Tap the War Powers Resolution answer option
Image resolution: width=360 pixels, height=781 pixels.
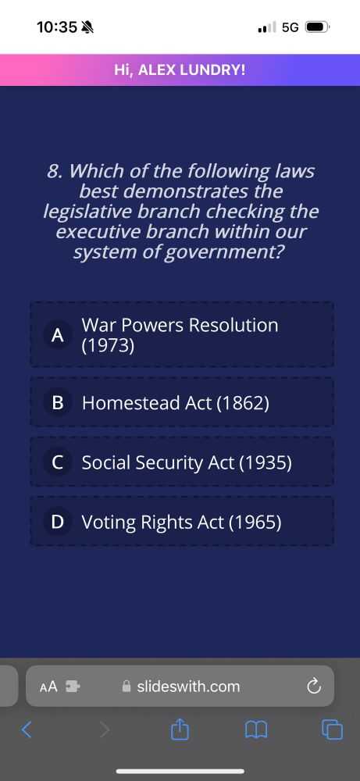click(x=180, y=335)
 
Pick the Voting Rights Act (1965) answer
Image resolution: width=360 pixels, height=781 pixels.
click(x=181, y=522)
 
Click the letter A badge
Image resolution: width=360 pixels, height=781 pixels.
click(x=57, y=335)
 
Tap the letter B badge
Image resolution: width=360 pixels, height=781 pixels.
click(x=57, y=403)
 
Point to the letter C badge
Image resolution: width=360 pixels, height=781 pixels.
click(x=57, y=462)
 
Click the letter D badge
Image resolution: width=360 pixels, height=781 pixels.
click(x=57, y=522)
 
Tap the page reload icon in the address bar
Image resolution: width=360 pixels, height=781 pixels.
click(x=314, y=687)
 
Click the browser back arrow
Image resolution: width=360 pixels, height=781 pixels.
click(x=27, y=730)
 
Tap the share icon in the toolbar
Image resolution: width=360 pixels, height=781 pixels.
click(x=180, y=730)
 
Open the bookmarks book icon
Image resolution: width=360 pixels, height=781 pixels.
click(x=257, y=730)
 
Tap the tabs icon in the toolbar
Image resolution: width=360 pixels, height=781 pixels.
click(x=332, y=730)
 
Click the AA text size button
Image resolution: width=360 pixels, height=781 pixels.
click(x=48, y=687)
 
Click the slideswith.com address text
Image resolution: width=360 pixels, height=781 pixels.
click(x=188, y=687)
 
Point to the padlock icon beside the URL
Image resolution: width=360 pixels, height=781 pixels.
click(x=127, y=687)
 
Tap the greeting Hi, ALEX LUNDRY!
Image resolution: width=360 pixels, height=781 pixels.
click(x=180, y=70)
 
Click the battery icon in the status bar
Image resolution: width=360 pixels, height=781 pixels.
click(x=318, y=27)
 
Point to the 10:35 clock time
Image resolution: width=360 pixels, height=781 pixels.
click(x=57, y=27)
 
